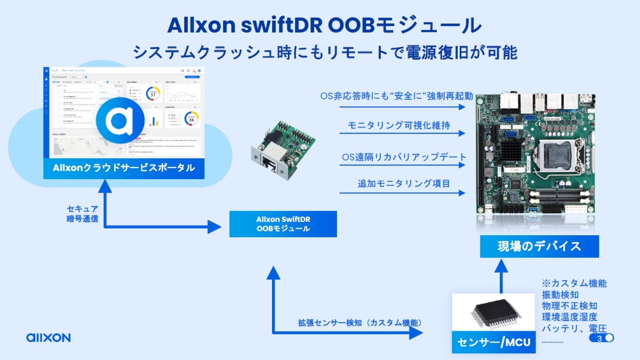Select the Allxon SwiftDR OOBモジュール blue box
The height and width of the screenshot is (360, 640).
[x=283, y=224]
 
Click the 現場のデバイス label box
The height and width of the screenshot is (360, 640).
[x=539, y=246]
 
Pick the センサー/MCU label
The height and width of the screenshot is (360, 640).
[x=493, y=341]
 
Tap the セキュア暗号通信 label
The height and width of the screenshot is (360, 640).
[x=83, y=213]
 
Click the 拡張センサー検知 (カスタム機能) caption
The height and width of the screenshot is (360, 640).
[x=360, y=323]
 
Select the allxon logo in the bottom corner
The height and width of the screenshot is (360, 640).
[x=48, y=338]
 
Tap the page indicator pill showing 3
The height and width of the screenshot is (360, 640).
[x=602, y=338]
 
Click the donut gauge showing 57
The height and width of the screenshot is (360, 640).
[x=153, y=94]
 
